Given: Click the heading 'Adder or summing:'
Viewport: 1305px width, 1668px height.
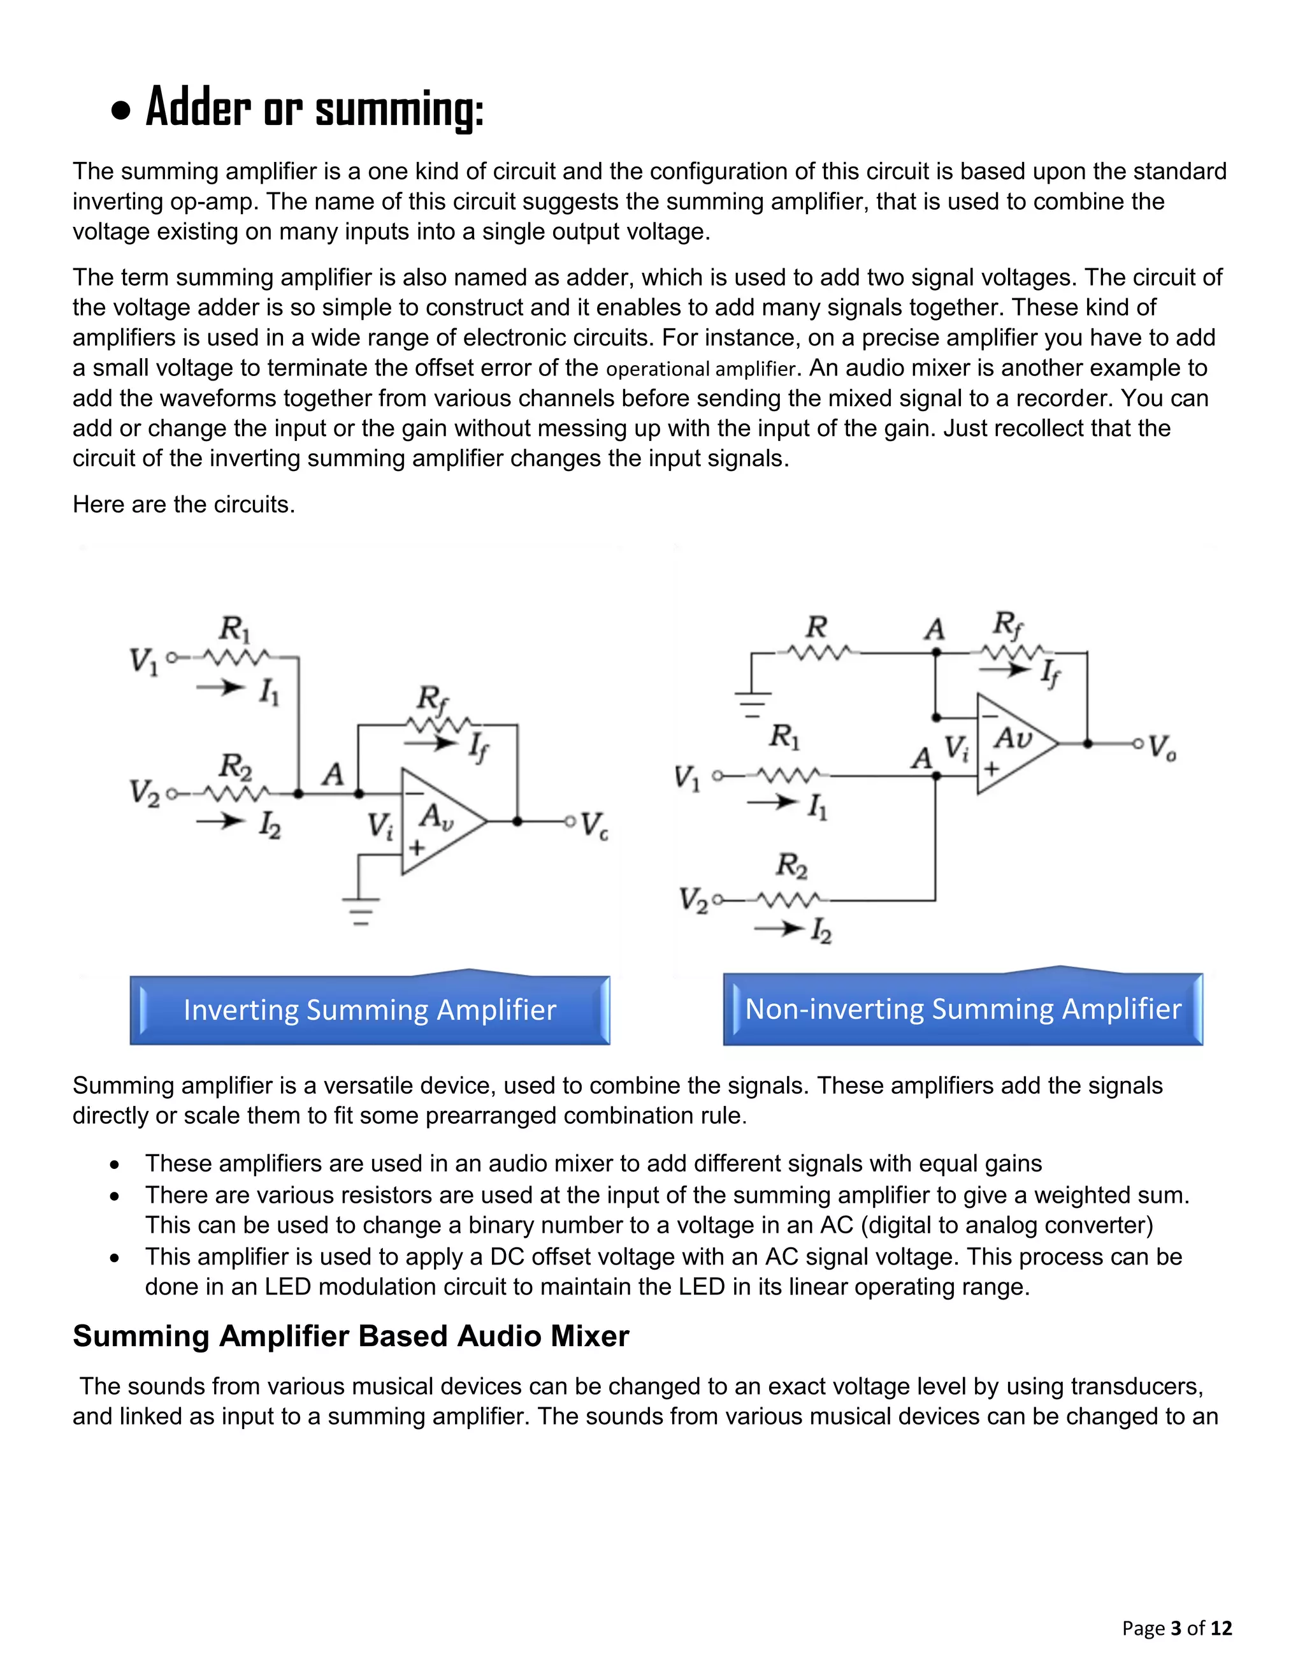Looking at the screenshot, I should pyautogui.click(x=314, y=108).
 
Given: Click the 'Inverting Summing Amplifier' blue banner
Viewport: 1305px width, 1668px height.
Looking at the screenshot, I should pyautogui.click(x=370, y=1010).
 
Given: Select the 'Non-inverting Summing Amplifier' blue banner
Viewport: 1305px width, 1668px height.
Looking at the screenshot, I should pyautogui.click(x=963, y=1010).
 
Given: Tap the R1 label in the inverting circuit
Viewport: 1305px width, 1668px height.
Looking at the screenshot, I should pyautogui.click(x=234, y=630).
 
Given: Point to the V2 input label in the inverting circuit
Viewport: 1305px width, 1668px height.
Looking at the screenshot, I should pyautogui.click(x=145, y=793).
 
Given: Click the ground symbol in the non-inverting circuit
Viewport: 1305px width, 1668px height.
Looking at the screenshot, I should pyautogui.click(x=752, y=704).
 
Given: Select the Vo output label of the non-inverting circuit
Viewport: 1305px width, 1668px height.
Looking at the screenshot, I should pyautogui.click(x=1162, y=746).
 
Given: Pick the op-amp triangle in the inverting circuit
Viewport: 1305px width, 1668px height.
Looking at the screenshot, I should pyautogui.click(x=438, y=821).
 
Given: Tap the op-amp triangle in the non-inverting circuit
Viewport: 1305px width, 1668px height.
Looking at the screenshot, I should pyautogui.click(x=1013, y=743).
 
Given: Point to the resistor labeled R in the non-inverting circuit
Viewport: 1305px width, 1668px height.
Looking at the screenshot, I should pyautogui.click(x=818, y=653).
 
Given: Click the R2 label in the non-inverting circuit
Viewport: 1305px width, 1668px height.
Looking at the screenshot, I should pyautogui.click(x=791, y=866).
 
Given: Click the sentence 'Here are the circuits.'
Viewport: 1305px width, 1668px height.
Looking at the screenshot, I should pyautogui.click(x=184, y=504).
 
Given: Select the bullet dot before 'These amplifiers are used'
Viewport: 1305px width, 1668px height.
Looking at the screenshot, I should pyautogui.click(x=115, y=1165).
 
